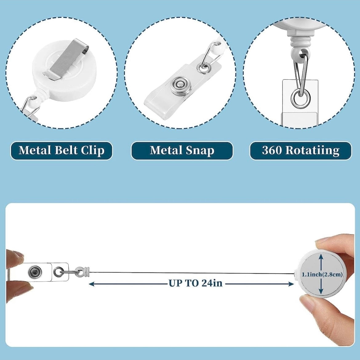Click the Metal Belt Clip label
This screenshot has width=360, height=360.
61,150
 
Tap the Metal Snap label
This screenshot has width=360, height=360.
182,150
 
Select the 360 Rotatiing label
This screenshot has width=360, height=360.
300,150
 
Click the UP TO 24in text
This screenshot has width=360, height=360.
195,283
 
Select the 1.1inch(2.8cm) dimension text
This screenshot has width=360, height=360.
322,274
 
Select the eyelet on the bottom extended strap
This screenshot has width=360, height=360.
58,271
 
